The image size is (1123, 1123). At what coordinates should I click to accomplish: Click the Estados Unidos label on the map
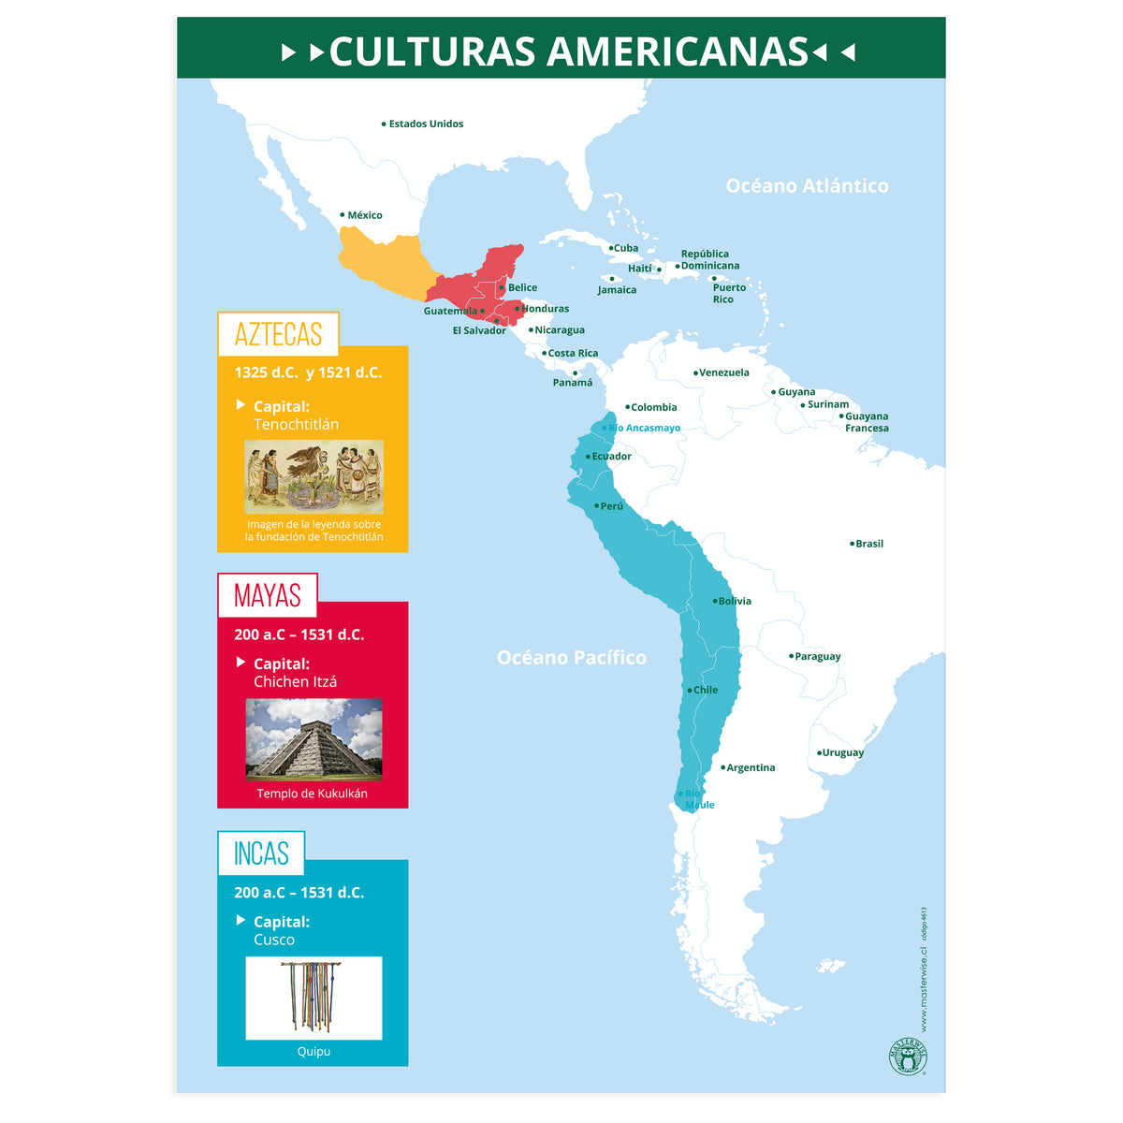(x=426, y=124)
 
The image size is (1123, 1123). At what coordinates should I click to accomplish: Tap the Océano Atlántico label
(x=807, y=185)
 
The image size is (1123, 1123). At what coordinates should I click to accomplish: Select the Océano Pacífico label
(x=571, y=657)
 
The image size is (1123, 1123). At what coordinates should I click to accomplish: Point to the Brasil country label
(x=869, y=544)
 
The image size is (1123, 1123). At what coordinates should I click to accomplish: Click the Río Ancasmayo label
(x=645, y=428)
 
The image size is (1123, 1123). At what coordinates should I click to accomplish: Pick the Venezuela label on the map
(x=723, y=372)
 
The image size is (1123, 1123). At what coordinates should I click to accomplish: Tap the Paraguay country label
(x=817, y=656)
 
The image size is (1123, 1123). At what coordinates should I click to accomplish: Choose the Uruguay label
(x=842, y=752)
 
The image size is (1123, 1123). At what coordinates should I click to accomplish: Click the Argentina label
(x=751, y=767)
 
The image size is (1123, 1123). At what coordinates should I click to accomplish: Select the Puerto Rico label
(x=729, y=293)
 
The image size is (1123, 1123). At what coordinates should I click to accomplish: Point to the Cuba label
(x=626, y=248)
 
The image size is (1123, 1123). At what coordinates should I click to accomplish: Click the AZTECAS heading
(x=278, y=334)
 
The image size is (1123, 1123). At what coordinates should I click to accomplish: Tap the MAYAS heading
(x=268, y=595)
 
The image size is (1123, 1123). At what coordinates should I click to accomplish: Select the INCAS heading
(x=261, y=853)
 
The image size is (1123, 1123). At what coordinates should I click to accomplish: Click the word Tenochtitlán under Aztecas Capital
(x=296, y=424)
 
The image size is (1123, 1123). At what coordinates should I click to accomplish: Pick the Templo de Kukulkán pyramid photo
(x=314, y=739)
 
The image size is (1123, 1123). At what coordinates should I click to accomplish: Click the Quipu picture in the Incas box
(x=314, y=998)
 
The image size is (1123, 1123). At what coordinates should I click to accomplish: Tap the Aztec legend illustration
(x=314, y=476)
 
